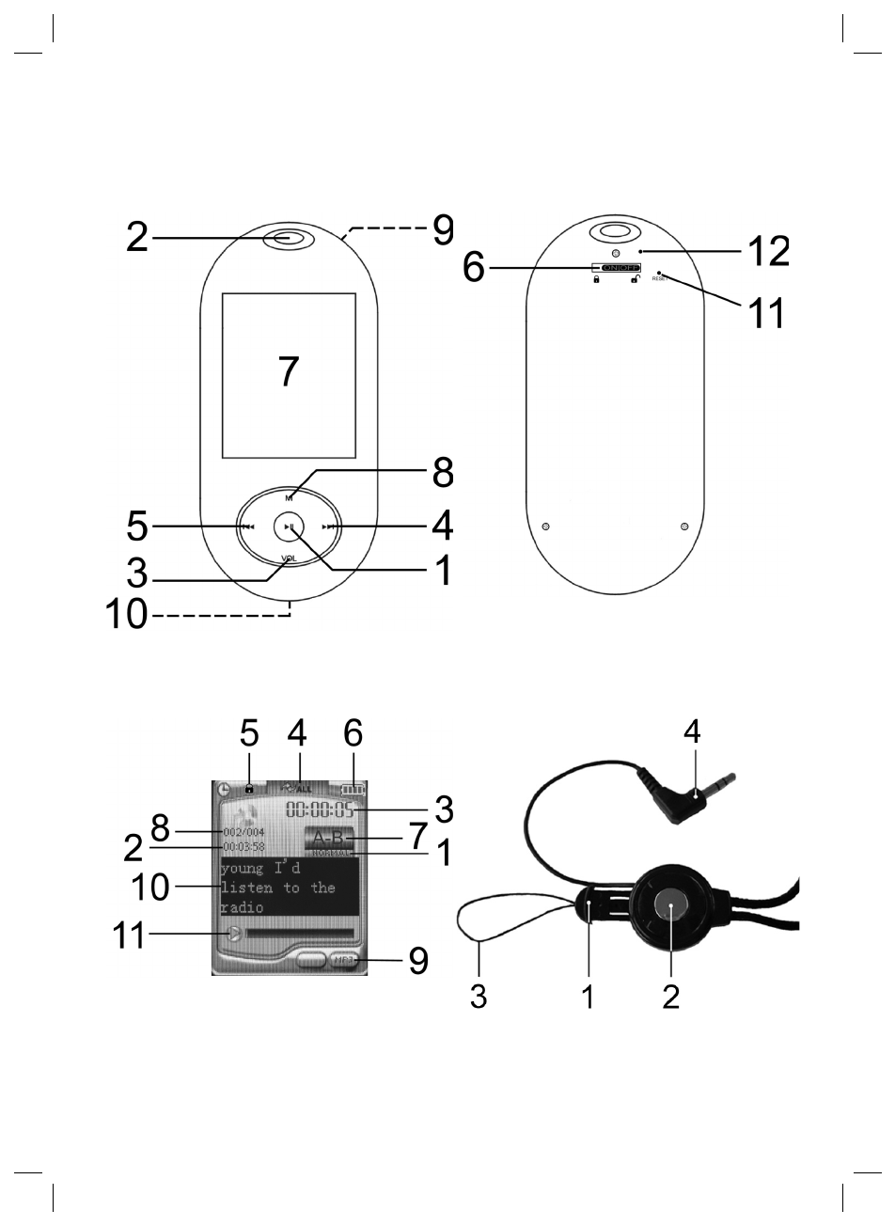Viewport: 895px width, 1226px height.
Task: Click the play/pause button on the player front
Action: [x=289, y=528]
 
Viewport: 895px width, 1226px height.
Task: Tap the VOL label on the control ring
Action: [x=289, y=558]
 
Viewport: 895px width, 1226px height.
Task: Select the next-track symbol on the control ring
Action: [x=328, y=528]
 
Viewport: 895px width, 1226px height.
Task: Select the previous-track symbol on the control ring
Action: [x=247, y=528]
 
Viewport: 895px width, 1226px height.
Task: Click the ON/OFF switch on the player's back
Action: [x=616, y=269]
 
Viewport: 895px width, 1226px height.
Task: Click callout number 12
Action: [x=767, y=252]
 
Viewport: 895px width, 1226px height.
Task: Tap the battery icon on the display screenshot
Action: [x=354, y=790]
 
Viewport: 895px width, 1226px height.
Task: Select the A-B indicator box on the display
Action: [x=330, y=839]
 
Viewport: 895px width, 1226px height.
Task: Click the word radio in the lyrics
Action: [x=243, y=908]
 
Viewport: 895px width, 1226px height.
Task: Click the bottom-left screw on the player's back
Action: [x=546, y=526]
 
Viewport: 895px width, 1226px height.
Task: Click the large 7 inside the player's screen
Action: [x=289, y=372]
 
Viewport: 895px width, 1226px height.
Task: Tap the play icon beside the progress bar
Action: [x=234, y=934]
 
